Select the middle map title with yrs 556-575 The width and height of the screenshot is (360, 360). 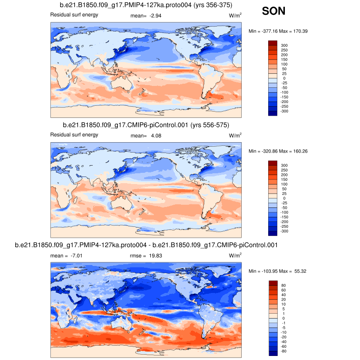146,125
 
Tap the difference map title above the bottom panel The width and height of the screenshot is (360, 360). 146,245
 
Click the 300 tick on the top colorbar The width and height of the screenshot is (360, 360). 284,45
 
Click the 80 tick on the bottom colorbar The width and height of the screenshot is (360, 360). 283,285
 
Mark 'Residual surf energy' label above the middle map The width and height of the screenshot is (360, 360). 74,135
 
